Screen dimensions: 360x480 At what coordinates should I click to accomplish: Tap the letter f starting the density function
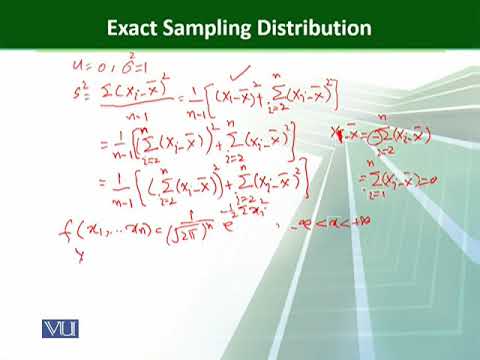pos(64,237)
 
